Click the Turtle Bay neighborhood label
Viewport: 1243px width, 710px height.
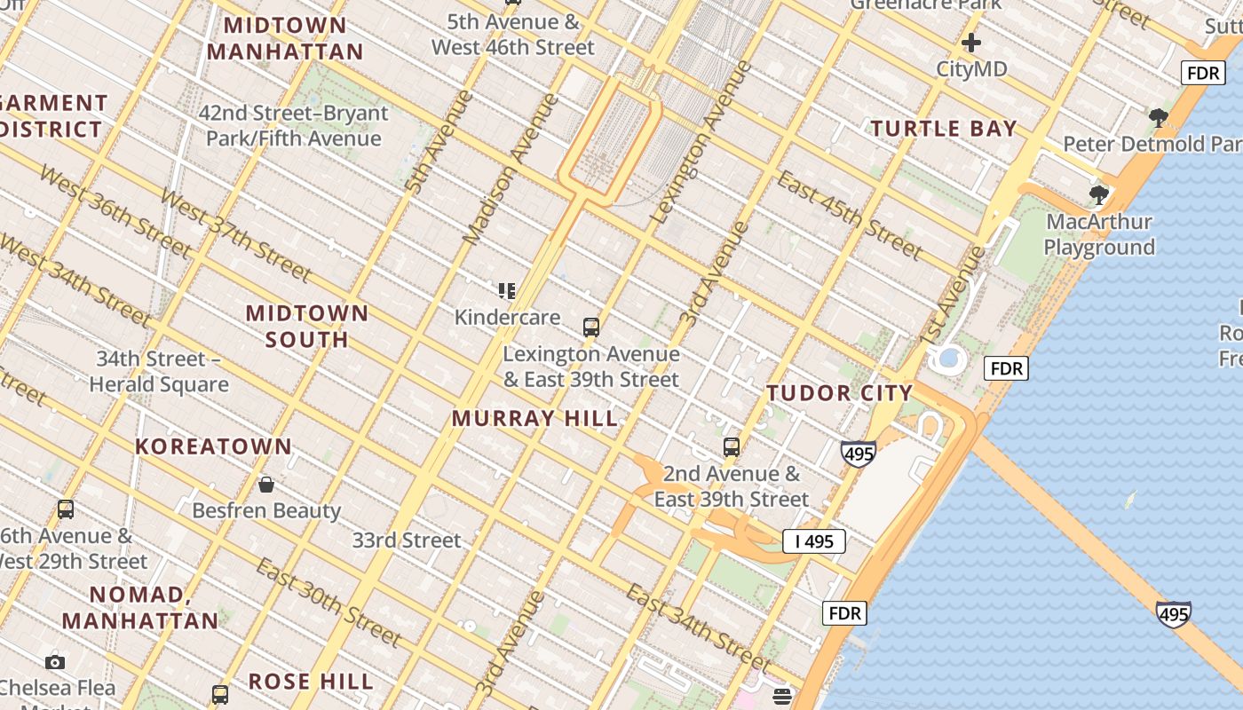[943, 129]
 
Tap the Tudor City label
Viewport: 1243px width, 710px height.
[839, 393]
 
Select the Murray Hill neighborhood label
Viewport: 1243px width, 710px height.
[534, 418]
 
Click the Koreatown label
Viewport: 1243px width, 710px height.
[213, 446]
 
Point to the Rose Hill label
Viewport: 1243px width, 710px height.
[311, 682]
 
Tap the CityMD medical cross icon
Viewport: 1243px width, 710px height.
[971, 43]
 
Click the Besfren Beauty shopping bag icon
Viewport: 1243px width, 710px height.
[265, 485]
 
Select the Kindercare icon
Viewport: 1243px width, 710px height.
[507, 291]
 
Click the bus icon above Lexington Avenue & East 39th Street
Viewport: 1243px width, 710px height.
[591, 327]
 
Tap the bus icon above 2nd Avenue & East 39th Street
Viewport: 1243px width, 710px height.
[732, 447]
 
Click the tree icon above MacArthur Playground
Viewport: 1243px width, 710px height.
[1098, 194]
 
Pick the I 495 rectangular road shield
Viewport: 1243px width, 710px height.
[813, 540]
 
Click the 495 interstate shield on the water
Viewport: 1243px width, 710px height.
[1173, 613]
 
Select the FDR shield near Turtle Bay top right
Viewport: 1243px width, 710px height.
[1203, 73]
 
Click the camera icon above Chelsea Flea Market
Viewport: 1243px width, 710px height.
[55, 662]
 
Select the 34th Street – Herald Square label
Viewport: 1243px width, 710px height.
[159, 372]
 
